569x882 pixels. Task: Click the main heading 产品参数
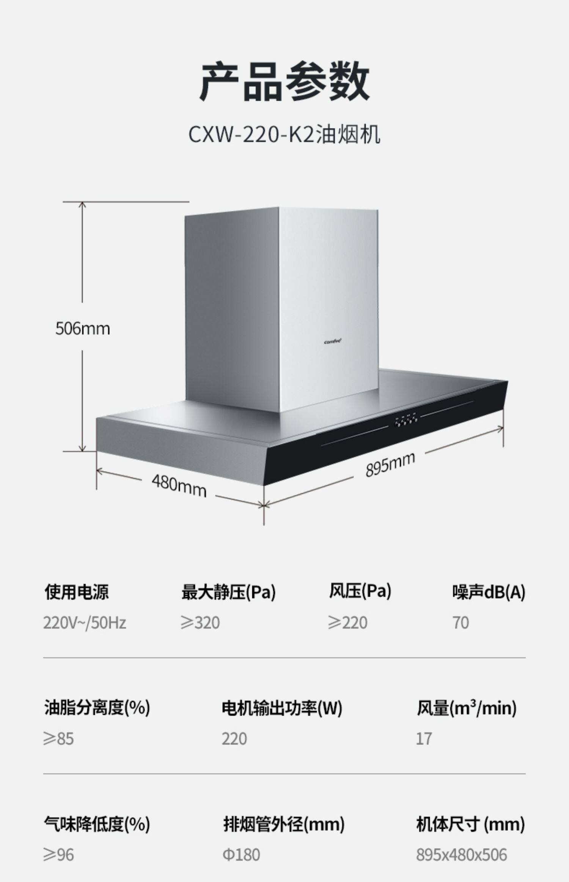click(x=284, y=82)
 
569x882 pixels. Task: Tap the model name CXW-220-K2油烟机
click(x=284, y=134)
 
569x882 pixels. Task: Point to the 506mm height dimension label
click(x=83, y=329)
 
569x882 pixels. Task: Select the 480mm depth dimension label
click(x=179, y=486)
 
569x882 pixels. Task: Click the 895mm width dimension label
click(x=390, y=464)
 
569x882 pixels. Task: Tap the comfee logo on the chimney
click(x=333, y=342)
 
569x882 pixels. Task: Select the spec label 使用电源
click(x=77, y=592)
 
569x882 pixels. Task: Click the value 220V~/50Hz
click(x=84, y=623)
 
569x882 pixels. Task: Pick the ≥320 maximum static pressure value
click(x=200, y=623)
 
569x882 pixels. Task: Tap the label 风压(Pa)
click(x=360, y=591)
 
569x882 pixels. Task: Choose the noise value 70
click(x=461, y=623)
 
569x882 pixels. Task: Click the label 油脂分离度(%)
click(x=97, y=707)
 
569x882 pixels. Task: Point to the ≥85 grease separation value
click(x=58, y=739)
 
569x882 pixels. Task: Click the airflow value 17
click(x=424, y=739)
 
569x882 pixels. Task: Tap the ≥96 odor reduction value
click(x=58, y=855)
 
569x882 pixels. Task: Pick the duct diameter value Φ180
click(x=241, y=855)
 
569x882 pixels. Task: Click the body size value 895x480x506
click(x=461, y=855)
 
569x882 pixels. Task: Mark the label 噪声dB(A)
click(x=489, y=592)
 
